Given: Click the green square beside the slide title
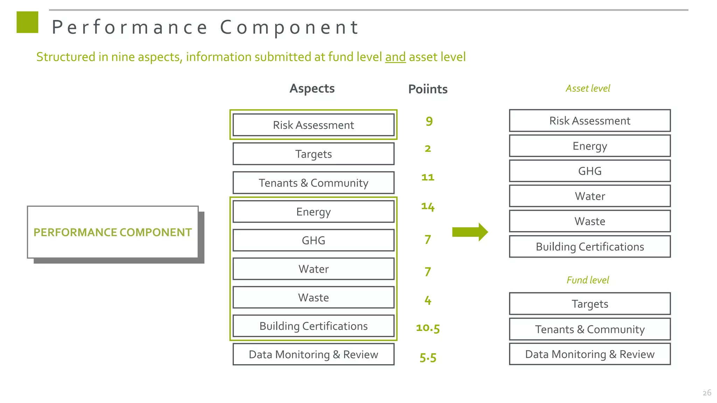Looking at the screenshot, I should point(27,22).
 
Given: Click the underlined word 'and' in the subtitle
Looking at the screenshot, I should point(395,57).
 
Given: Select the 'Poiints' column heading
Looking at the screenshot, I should point(427,89).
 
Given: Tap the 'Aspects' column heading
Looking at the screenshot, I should point(312,89).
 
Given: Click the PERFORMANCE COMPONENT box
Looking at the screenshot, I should point(113,232).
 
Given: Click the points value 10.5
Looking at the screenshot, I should point(427,328).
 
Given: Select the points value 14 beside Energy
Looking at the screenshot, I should point(427,207).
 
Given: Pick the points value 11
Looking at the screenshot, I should point(427,177).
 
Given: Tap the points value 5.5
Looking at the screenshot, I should point(428,358).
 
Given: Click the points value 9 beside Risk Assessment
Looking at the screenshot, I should point(429,121).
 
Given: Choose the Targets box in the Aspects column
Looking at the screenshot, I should point(313,154).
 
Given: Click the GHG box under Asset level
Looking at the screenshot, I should point(590,171).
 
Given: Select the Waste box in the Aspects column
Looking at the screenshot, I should point(313,298).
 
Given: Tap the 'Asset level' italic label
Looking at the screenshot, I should point(588,89).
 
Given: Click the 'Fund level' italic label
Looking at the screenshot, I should point(588,280).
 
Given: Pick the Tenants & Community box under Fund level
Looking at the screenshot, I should point(590,329).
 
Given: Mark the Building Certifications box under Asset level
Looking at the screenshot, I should point(590,247).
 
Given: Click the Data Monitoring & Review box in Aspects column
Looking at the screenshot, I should point(313,354).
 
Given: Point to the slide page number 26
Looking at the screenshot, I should point(706,393).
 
